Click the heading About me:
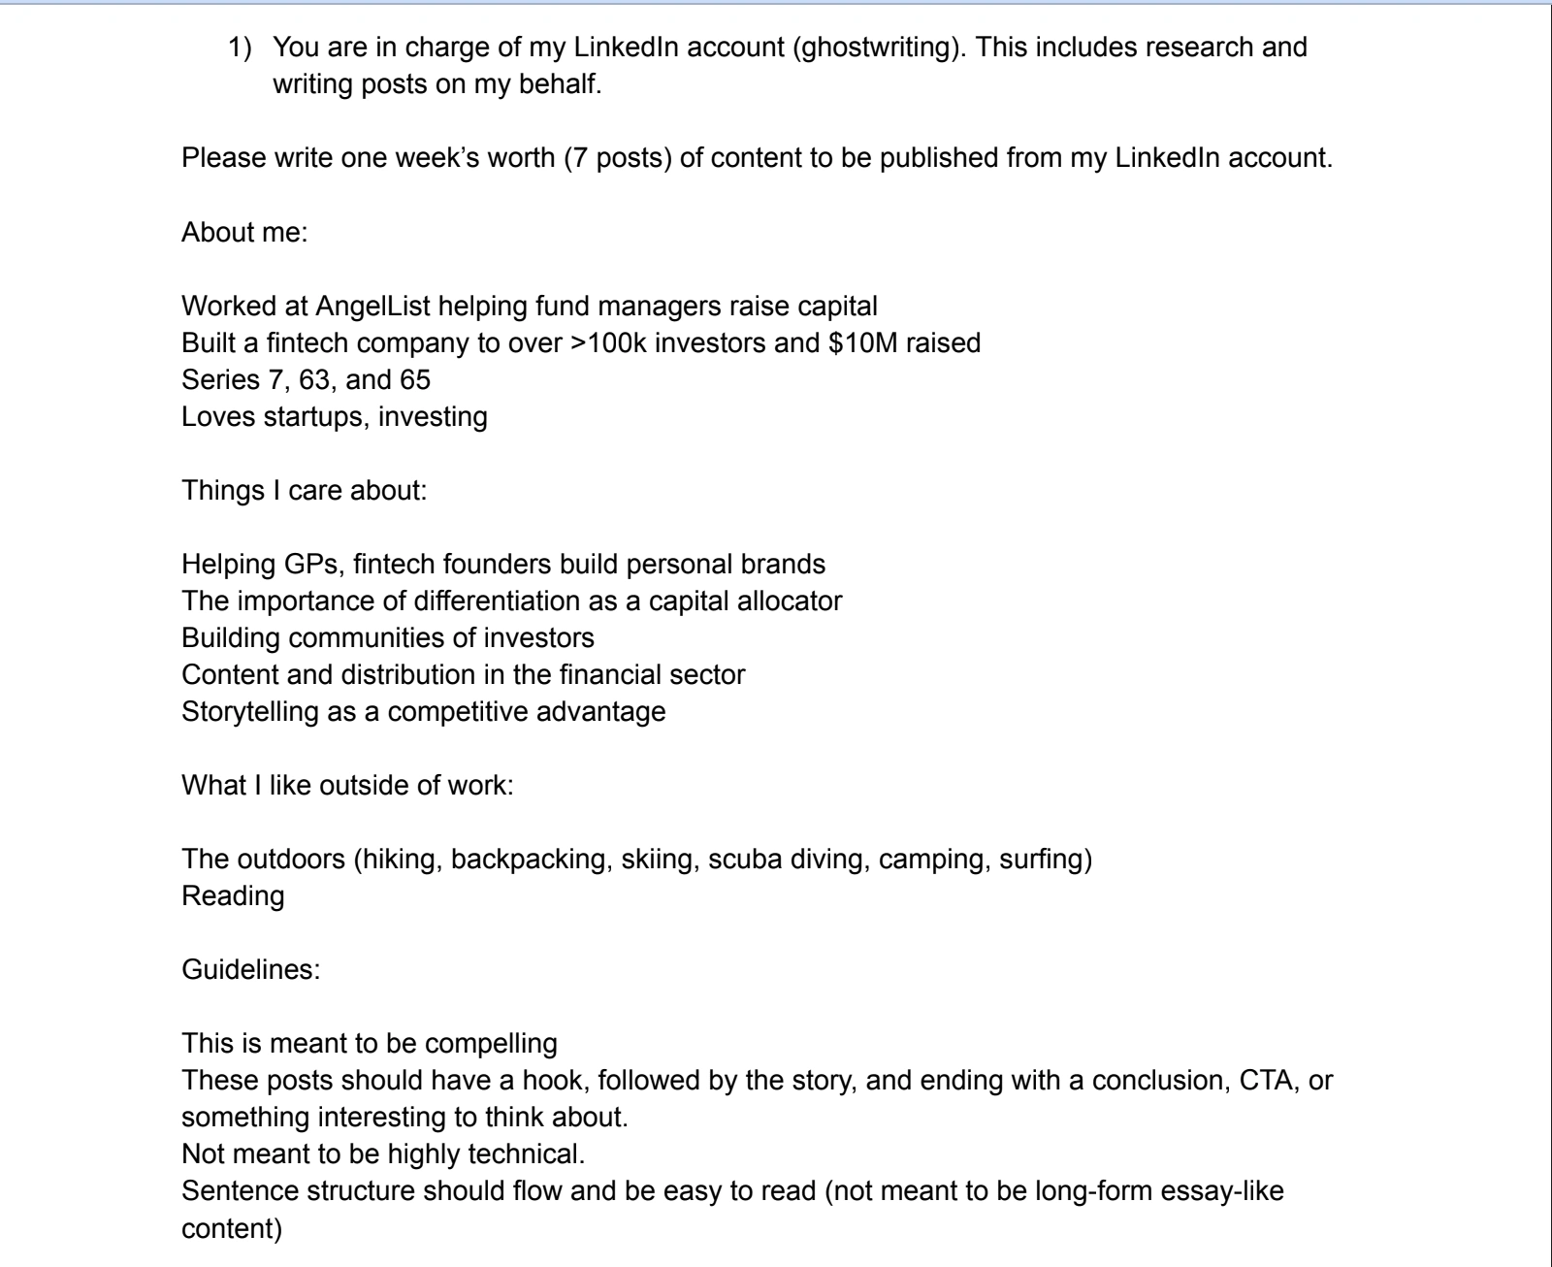[x=244, y=232]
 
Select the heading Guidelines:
[x=250, y=969]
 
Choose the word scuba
[x=740, y=859]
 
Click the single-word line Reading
[x=233, y=895]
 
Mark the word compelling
[x=491, y=1043]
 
